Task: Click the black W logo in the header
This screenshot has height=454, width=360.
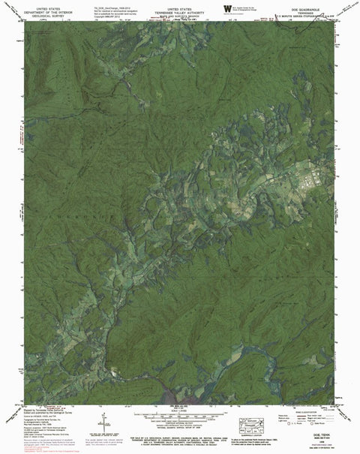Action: click(x=226, y=8)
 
